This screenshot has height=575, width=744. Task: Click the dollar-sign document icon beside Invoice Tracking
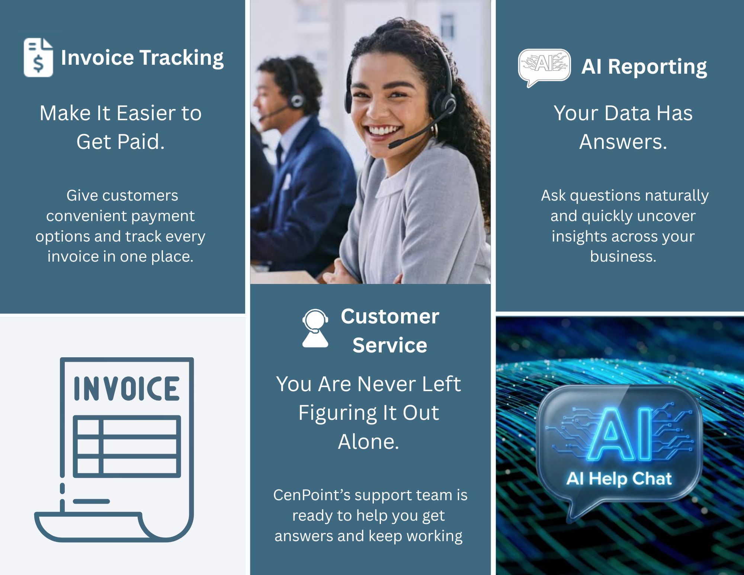[38, 57]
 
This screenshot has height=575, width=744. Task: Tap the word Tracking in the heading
[182, 58]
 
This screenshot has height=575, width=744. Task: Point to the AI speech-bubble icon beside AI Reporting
[545, 67]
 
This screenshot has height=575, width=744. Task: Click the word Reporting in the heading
[658, 67]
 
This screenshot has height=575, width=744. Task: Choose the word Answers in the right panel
[623, 142]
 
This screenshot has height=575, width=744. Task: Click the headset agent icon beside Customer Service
[315, 328]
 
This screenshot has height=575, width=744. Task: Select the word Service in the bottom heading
[390, 345]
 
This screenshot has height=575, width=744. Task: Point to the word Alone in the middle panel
[368, 442]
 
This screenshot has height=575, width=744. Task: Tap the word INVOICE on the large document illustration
[127, 389]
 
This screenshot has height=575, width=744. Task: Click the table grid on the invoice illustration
[127, 447]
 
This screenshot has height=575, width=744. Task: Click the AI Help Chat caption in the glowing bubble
[619, 479]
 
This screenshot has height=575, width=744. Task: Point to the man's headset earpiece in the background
[297, 100]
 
